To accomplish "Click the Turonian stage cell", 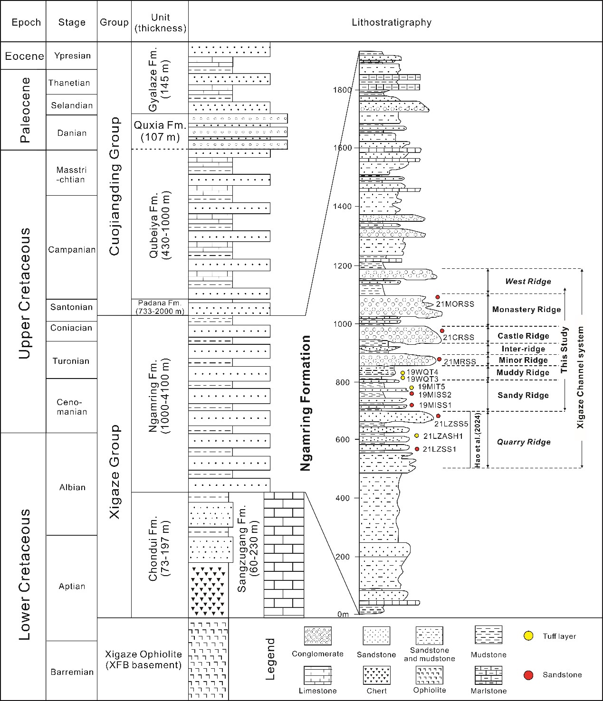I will tap(71, 360).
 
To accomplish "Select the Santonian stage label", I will tap(71, 307).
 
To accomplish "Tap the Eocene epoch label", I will tap(24, 56).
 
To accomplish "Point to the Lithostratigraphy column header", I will tap(392, 22).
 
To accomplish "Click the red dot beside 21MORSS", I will tap(438, 297).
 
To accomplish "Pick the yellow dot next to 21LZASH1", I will tap(417, 436).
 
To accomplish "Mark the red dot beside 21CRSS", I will tap(442, 331).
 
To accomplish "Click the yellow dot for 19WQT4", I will tap(402, 373).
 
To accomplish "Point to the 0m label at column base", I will tap(343, 614).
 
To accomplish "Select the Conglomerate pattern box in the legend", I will tap(318, 636).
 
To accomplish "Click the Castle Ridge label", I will tap(523, 336).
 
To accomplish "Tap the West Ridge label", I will tap(528, 281).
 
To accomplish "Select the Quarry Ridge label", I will tap(524, 442).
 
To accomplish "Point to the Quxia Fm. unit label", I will tap(160, 131).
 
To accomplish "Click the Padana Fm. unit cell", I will tap(160, 307).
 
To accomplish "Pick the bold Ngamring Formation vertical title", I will tap(306, 403).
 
